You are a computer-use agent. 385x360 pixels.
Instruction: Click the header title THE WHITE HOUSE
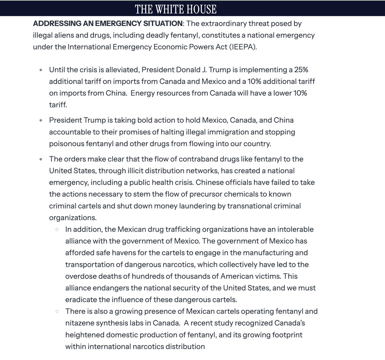(x=175, y=9)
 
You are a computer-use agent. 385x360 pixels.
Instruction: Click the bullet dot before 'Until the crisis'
(x=40, y=70)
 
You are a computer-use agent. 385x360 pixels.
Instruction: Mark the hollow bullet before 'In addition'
(x=57, y=230)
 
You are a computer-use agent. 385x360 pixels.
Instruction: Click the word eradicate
(x=81, y=299)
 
